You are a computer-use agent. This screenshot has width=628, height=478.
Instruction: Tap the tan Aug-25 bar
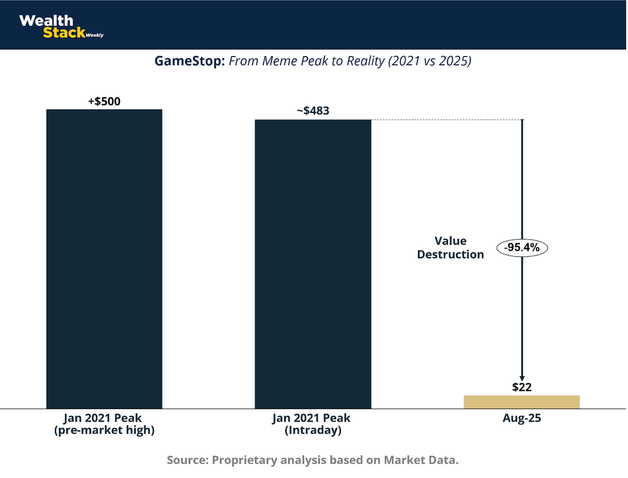tap(522, 402)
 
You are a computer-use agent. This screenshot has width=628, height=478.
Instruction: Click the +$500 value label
tap(104, 101)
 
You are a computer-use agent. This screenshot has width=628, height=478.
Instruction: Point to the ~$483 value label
tap(313, 111)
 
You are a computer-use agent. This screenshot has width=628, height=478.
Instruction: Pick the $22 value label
tap(522, 387)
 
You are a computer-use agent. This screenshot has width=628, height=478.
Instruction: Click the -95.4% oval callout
tap(522, 248)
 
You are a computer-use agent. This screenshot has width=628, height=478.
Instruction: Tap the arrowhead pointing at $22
tap(522, 378)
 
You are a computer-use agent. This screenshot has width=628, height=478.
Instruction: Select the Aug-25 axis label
tap(522, 418)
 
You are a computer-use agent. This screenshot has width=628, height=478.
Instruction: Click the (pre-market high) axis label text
tap(104, 430)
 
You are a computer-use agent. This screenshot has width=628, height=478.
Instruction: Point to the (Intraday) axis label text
tap(313, 430)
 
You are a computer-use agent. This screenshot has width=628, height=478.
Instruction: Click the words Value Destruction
tap(450, 248)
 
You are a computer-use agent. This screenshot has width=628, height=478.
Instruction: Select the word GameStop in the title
tap(189, 61)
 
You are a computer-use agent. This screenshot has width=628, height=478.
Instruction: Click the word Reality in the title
tap(366, 61)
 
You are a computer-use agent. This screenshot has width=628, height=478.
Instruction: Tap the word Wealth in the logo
tap(46, 21)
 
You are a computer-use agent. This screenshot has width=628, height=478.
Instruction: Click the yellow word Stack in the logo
tap(64, 32)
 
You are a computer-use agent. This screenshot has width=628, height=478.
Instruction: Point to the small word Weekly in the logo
tap(94, 35)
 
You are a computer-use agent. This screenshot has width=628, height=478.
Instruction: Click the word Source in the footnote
tap(187, 460)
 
